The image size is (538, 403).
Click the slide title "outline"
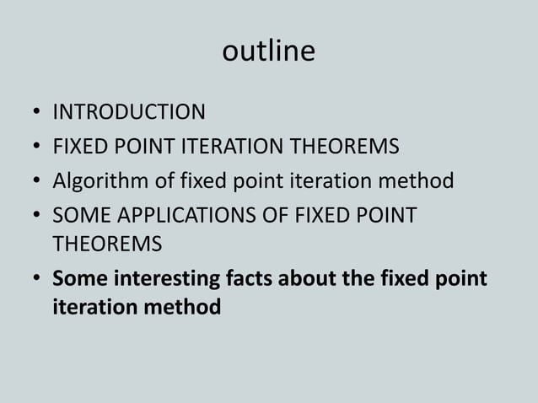pyautogui.click(x=268, y=51)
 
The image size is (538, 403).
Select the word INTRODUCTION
pyautogui.click(x=129, y=112)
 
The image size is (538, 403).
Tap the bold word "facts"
pyautogui.click(x=255, y=278)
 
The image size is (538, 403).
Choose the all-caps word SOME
pyautogui.click(x=78, y=216)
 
